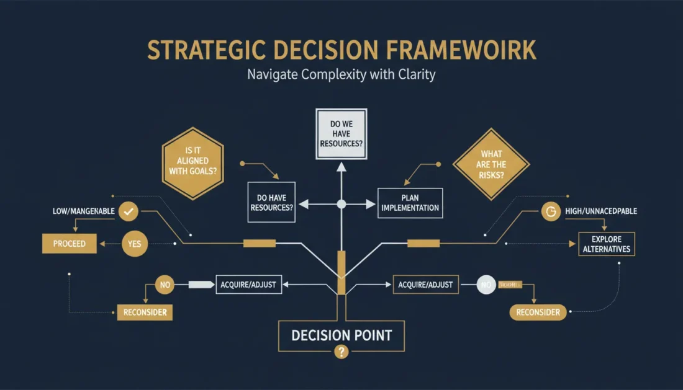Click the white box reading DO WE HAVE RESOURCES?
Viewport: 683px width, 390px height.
tap(341, 134)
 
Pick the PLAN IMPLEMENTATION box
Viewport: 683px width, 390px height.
tap(410, 203)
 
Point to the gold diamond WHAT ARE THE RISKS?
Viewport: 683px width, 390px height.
tap(491, 164)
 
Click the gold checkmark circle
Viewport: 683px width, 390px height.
tap(129, 212)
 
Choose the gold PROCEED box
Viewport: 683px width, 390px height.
tap(69, 244)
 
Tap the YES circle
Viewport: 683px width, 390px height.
tap(135, 244)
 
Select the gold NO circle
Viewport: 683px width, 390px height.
tap(165, 286)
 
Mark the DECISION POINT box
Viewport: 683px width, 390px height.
tap(341, 336)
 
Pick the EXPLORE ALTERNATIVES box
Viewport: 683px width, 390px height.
tap(605, 244)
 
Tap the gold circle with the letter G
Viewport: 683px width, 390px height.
tap(549, 212)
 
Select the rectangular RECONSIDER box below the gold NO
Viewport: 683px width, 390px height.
tap(145, 312)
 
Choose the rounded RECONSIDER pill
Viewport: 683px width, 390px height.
tap(538, 312)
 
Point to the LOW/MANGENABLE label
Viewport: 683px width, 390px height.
tap(84, 212)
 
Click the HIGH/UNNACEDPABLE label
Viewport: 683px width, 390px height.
tap(601, 212)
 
